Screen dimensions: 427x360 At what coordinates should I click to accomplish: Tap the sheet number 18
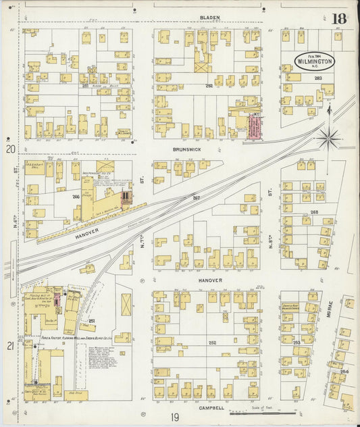[x=338, y=18]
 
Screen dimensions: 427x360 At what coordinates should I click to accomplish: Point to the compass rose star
[x=329, y=138]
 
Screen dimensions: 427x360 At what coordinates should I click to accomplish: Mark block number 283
[x=318, y=79]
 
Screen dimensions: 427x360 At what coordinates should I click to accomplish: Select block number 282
[x=209, y=86]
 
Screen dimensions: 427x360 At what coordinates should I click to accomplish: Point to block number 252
[x=212, y=343]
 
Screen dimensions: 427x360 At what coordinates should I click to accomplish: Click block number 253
[x=296, y=343]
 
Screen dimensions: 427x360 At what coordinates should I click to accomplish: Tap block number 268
[x=314, y=211]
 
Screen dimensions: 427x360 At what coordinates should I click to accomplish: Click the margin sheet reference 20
[x=10, y=149]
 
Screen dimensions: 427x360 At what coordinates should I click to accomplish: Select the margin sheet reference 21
[x=10, y=346]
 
